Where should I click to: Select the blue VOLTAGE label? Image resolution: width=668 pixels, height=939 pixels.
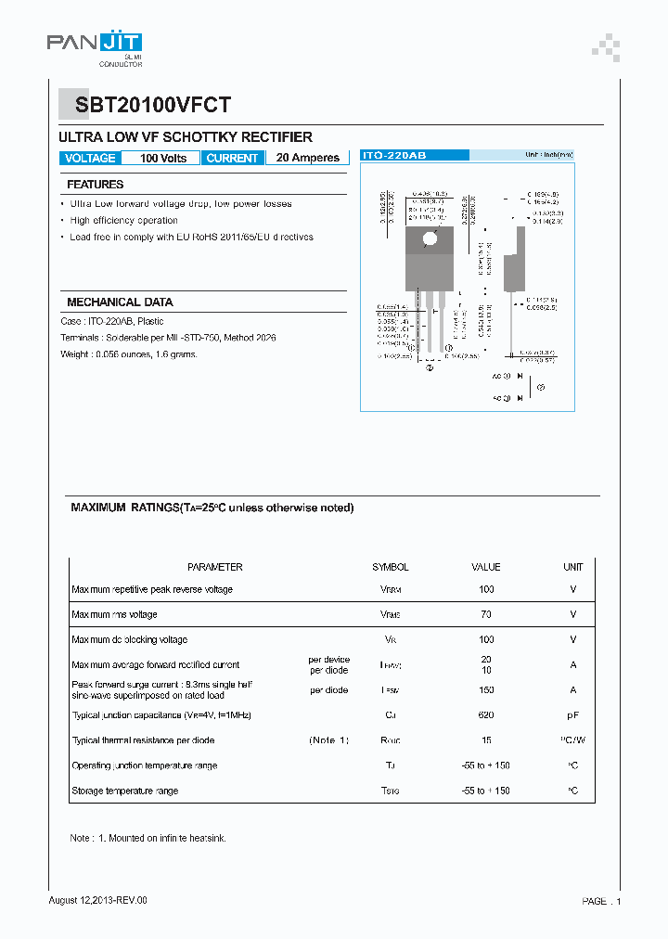click(x=90, y=159)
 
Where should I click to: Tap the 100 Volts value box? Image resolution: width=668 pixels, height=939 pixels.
click(x=163, y=159)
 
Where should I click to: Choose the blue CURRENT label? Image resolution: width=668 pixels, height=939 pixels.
click(x=232, y=159)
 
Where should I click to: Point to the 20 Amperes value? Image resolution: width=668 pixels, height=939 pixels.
click(x=308, y=159)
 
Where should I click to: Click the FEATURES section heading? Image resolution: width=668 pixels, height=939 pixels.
click(x=95, y=185)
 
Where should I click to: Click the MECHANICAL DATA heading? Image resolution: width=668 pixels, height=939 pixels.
click(x=120, y=302)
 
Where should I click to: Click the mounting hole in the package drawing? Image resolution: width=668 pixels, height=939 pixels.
click(x=429, y=239)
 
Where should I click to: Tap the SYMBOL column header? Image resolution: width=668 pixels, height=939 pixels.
click(x=390, y=567)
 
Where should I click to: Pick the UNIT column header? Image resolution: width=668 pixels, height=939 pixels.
click(x=572, y=567)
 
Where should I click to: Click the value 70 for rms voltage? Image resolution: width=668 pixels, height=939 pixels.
click(x=486, y=614)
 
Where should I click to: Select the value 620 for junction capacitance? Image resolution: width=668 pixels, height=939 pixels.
click(x=486, y=715)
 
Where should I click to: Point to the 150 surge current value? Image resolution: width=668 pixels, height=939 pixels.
click(x=486, y=690)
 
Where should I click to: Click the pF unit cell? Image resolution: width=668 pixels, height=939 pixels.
click(x=572, y=715)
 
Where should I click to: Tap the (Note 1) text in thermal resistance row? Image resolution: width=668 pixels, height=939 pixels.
click(x=328, y=740)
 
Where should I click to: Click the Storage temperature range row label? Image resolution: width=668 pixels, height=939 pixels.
click(x=124, y=791)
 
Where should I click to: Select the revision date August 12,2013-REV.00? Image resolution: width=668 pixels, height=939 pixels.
click(x=97, y=900)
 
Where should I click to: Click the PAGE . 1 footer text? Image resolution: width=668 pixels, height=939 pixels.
click(x=601, y=901)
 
